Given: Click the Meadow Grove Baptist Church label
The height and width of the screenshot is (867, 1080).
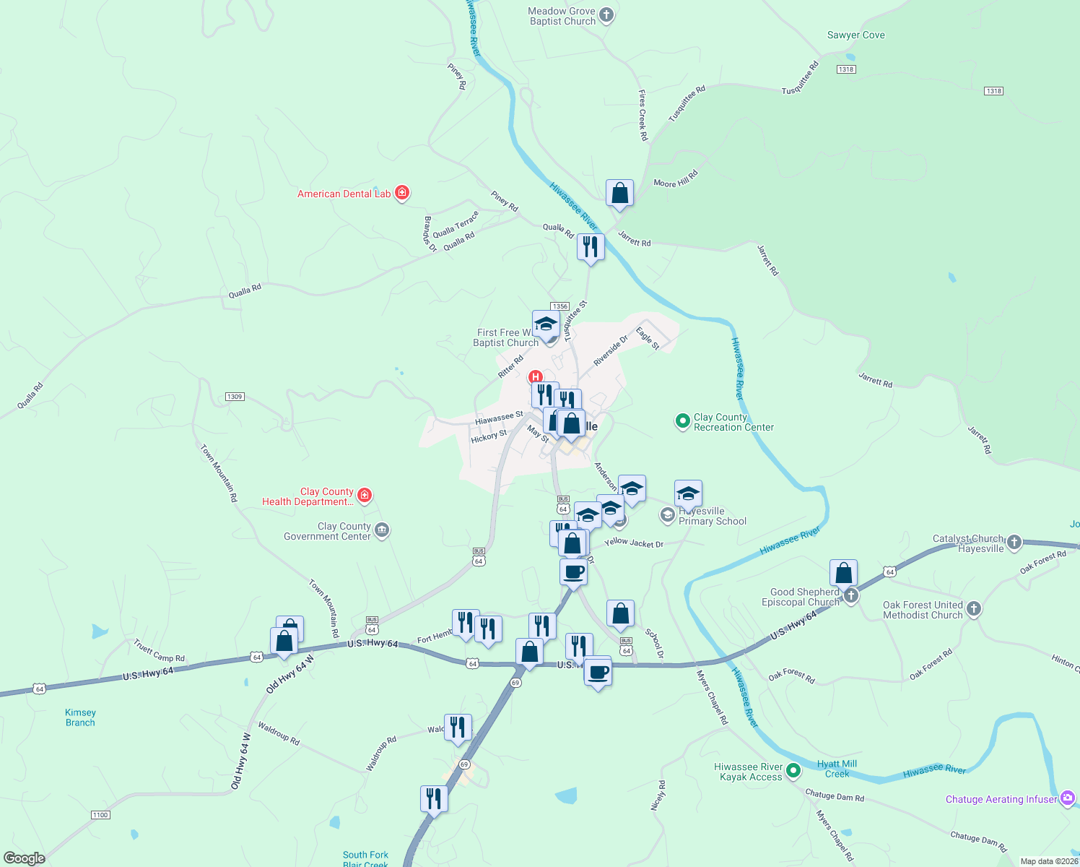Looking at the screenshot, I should point(562,16).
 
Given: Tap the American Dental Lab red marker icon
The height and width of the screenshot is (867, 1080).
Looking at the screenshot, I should point(403,193).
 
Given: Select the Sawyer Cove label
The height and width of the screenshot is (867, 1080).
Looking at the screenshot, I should point(855,35).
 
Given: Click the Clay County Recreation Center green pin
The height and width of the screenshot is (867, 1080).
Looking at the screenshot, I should point(682,420).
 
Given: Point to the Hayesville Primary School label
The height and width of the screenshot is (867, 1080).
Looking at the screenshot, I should point(712,516).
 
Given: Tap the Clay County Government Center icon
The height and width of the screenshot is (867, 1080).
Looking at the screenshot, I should point(383,531).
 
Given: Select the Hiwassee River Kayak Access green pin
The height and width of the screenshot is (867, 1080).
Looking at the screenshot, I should point(793,771).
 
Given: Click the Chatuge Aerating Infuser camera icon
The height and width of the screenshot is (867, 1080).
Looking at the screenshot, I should point(1068,798).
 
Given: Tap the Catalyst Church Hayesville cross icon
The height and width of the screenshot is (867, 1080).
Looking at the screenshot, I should point(1014,542).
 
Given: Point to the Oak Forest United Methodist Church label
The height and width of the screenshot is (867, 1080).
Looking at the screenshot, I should point(923,610).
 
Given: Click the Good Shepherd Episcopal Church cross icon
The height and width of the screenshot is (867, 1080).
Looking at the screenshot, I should point(852,595).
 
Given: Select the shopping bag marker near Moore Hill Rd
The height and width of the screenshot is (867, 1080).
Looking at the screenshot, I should point(619,194).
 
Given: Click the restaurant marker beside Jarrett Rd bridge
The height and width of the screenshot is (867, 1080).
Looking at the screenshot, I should point(591,247).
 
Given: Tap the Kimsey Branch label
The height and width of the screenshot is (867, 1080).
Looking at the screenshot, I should point(80,717).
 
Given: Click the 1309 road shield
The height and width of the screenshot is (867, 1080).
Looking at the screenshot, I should point(235,397).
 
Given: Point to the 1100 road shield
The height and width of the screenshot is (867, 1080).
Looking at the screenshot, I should point(100,815).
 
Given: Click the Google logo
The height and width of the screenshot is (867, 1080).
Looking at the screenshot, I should point(25,858).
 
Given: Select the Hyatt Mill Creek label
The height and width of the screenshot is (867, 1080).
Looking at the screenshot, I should point(837,769).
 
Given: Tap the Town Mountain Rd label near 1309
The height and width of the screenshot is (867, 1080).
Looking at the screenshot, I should point(219,473).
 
